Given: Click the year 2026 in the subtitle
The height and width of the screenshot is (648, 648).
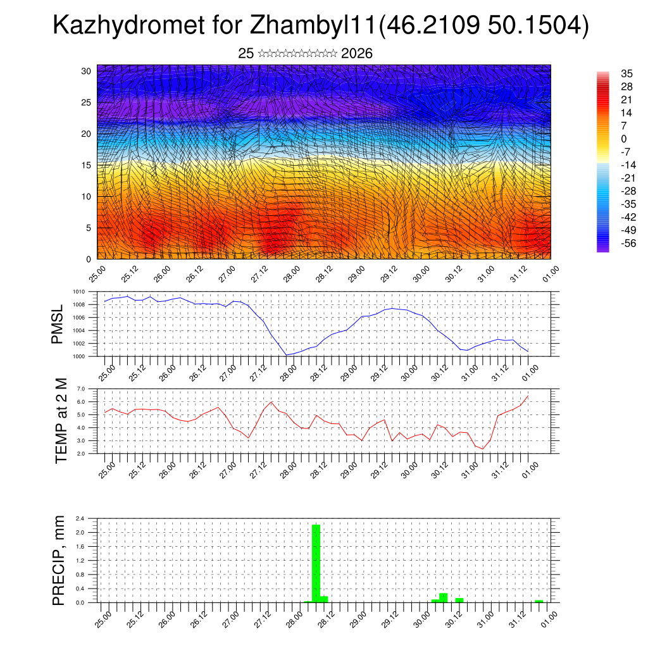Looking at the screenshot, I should click(x=357, y=54).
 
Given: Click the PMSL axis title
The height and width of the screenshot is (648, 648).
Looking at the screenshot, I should click(x=58, y=324).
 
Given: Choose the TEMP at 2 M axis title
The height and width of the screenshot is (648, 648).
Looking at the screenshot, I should click(x=61, y=421).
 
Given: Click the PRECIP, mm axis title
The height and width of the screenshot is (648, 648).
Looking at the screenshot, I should click(x=58, y=560).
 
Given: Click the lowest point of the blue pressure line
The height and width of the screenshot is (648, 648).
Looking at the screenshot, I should click(x=287, y=355).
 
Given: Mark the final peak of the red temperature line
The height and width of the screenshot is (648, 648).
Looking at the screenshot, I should click(x=528, y=396).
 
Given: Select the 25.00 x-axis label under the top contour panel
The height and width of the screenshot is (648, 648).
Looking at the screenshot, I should click(x=97, y=275).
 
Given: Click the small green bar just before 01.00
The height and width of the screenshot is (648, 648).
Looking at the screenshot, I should click(x=539, y=601).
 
